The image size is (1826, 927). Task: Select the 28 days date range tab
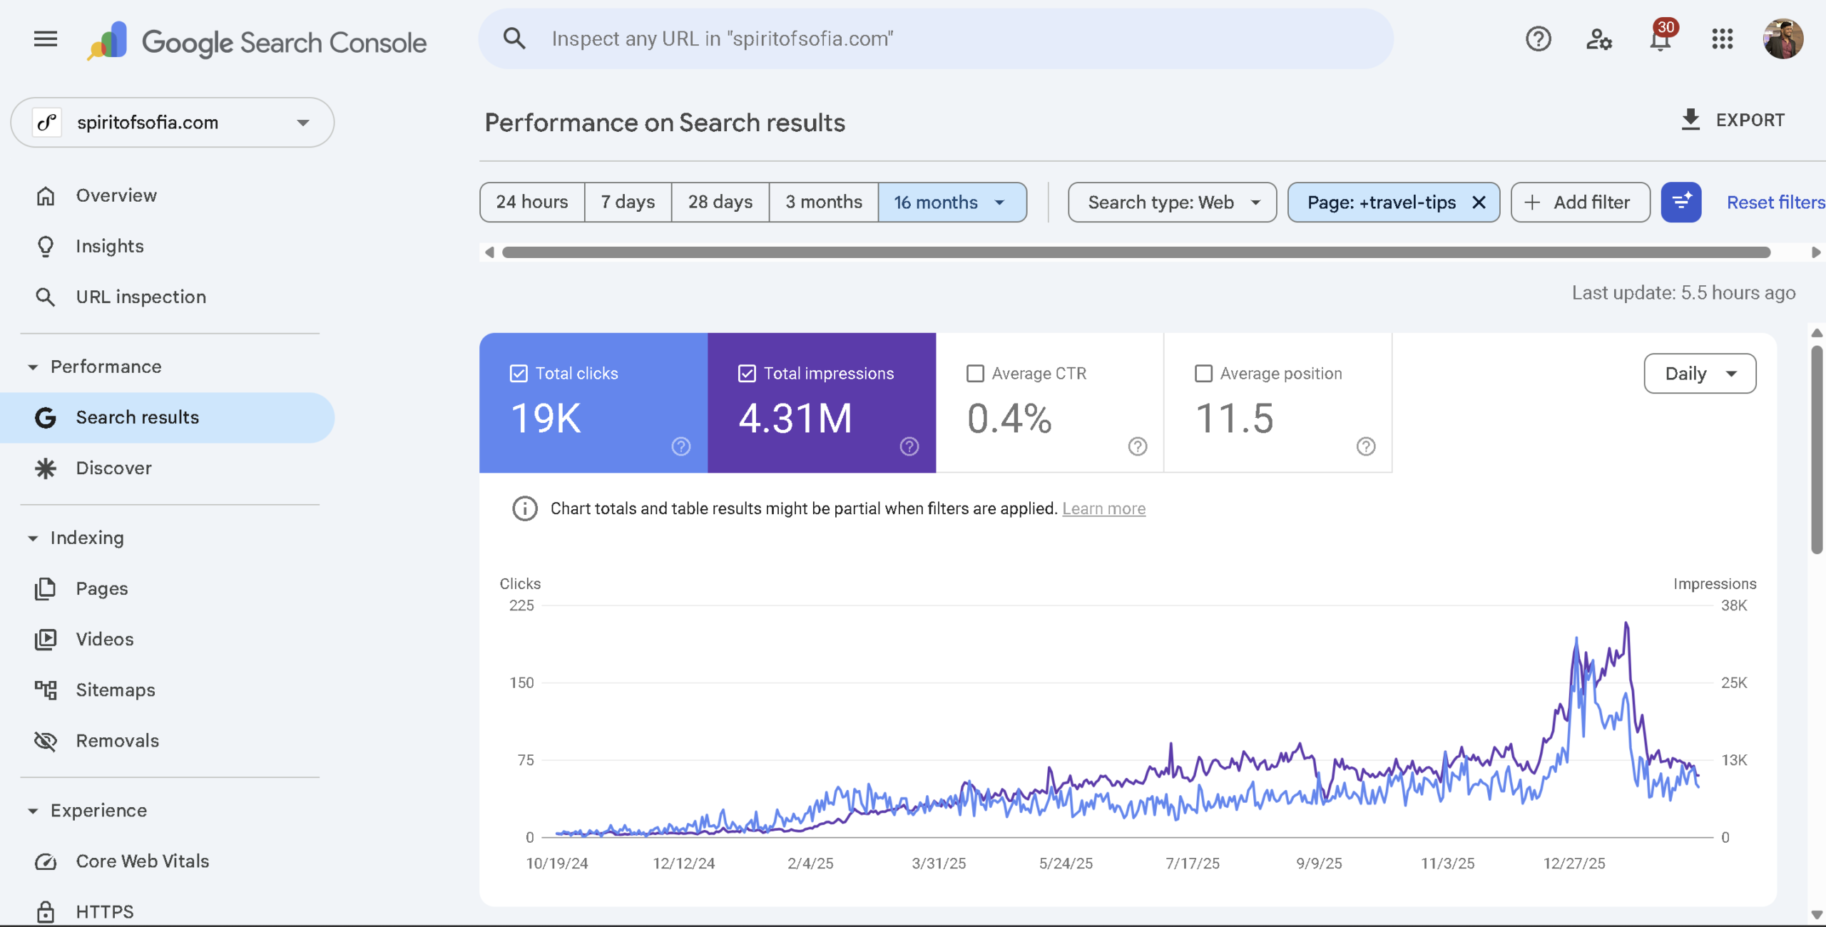click(720, 203)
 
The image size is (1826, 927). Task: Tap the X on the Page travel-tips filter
click(1479, 203)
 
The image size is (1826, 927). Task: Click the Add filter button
click(1580, 203)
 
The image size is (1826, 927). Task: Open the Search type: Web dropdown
click(1172, 203)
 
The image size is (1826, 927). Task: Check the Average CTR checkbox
click(975, 374)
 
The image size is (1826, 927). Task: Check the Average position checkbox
click(1203, 374)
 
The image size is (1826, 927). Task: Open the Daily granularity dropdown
click(1700, 374)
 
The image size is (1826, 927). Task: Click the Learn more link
click(1103, 508)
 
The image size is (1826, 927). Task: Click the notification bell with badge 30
click(1661, 39)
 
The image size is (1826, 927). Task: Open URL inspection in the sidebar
click(141, 297)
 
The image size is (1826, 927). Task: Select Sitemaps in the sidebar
click(116, 690)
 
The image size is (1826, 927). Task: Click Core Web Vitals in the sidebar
click(143, 861)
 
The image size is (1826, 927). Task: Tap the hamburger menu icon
click(46, 39)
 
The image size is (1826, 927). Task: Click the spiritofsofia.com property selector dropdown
click(173, 123)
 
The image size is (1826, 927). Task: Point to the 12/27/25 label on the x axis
click(1574, 863)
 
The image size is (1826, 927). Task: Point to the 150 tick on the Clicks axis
click(521, 682)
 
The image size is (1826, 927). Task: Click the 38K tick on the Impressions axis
click(1733, 605)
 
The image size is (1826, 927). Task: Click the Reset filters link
click(1775, 203)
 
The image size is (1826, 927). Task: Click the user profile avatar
click(1782, 39)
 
